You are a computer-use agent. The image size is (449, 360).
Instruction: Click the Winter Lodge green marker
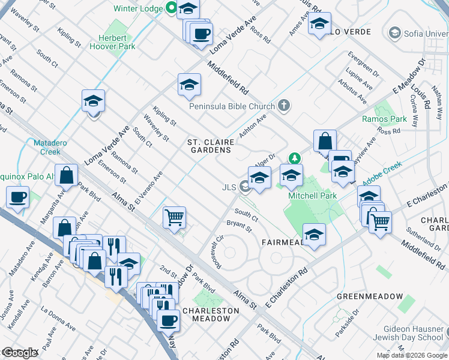[x=171, y=8]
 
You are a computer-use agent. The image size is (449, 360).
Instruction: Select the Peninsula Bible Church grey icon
[x=284, y=106]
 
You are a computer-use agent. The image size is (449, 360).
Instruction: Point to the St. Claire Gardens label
[x=208, y=146]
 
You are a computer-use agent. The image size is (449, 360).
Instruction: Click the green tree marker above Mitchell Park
[x=294, y=158]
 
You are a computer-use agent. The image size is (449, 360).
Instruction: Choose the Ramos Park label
[x=384, y=119]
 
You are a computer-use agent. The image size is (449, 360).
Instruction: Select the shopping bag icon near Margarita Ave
[x=67, y=175]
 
